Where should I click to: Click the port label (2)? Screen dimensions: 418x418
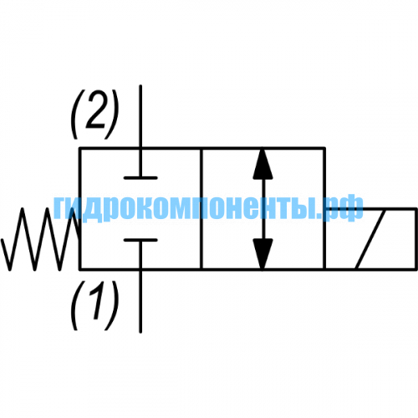[95, 115]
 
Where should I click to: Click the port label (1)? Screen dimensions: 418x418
[95, 305]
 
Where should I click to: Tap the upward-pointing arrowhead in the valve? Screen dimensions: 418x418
[263, 164]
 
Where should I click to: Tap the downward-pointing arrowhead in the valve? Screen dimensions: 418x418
[263, 254]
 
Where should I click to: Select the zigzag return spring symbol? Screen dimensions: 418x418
[41, 239]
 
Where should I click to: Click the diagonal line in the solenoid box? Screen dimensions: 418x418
[370, 239]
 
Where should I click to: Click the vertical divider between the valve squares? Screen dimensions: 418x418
[201, 209]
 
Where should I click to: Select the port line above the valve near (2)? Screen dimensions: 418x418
[140, 116]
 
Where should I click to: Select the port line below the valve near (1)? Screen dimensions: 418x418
[140, 302]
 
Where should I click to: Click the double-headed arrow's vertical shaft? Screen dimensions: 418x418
[263, 209]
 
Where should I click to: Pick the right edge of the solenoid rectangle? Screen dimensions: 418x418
[416, 239]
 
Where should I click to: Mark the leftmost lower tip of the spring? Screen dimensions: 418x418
[10, 270]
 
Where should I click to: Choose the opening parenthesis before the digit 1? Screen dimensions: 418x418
[78, 305]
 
